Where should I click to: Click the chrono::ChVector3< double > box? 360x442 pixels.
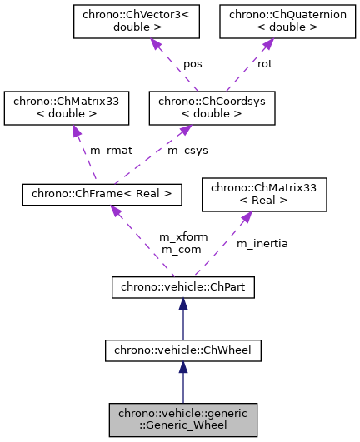(x=124, y=21)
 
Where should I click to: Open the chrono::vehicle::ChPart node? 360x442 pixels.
(x=182, y=288)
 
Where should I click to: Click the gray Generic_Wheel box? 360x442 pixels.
(x=182, y=420)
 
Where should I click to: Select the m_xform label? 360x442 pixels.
(x=177, y=237)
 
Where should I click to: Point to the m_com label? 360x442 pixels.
(x=177, y=249)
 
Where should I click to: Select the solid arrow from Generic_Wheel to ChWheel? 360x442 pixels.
(x=182, y=384)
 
